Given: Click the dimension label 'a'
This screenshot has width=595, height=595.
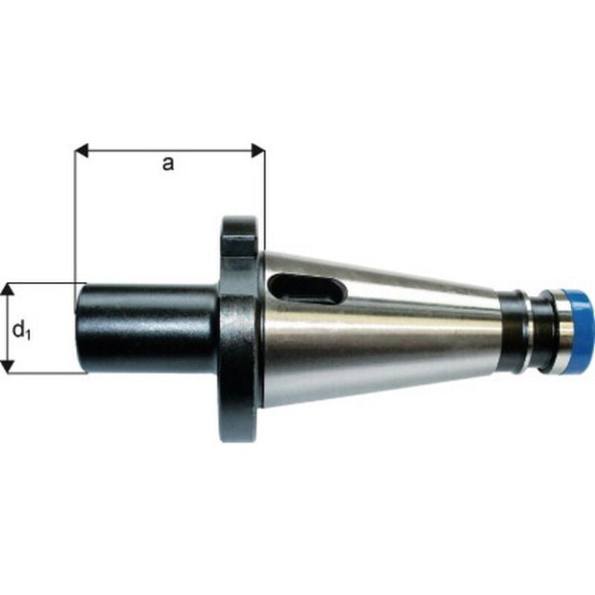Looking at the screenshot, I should [x=168, y=164].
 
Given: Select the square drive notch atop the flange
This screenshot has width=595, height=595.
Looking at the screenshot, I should [x=239, y=245].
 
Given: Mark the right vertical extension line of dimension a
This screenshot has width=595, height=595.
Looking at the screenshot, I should [x=265, y=201].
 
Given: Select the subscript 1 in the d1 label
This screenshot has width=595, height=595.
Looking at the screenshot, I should [x=28, y=335].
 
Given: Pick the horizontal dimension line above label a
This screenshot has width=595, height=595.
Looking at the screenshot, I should [x=170, y=151].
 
